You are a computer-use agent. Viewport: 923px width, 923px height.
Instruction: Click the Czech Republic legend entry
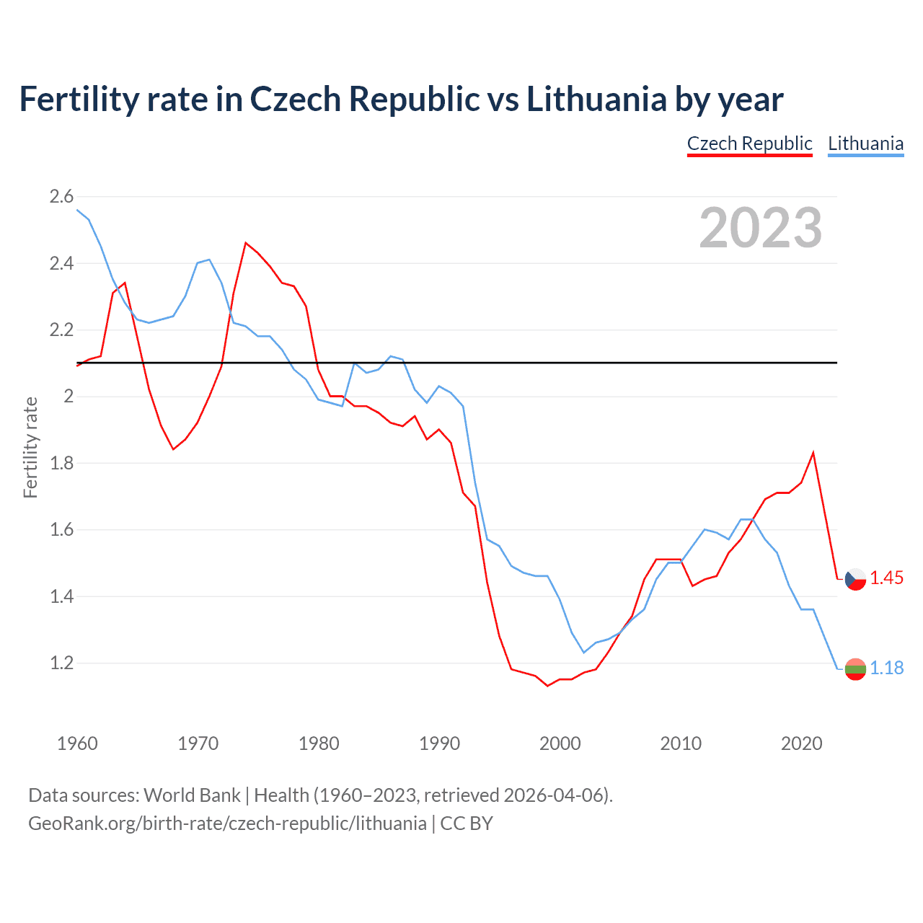[749, 143]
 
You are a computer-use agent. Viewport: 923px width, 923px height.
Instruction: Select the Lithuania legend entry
[865, 143]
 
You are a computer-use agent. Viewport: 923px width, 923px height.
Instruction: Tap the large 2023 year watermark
[760, 228]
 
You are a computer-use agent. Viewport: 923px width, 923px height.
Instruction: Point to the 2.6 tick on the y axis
[61, 196]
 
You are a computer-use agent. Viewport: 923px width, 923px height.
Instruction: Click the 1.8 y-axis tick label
[61, 463]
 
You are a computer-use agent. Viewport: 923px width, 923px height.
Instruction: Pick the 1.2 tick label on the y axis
[61, 663]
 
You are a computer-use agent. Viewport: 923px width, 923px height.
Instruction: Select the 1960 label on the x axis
[77, 743]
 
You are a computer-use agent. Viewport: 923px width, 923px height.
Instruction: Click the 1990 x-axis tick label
[439, 743]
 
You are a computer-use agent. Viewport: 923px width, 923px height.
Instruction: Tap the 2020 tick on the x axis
[801, 743]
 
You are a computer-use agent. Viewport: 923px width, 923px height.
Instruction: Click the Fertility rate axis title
[30, 447]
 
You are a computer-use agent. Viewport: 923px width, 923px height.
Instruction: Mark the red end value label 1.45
[886, 578]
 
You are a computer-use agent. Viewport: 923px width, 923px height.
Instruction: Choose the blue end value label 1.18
[886, 668]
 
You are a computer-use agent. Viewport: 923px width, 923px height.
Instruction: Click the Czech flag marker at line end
[855, 579]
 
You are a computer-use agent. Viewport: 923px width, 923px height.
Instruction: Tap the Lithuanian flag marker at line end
[855, 669]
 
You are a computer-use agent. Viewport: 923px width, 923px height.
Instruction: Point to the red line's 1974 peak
[246, 243]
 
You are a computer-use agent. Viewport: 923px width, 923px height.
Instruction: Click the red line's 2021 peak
[813, 453]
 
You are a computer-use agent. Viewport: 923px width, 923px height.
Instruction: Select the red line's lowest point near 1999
[547, 686]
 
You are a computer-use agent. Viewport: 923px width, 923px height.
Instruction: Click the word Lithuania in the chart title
[596, 99]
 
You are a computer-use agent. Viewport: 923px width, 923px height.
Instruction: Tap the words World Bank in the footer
[192, 795]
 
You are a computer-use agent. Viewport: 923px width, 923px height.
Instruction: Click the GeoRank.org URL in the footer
[227, 823]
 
